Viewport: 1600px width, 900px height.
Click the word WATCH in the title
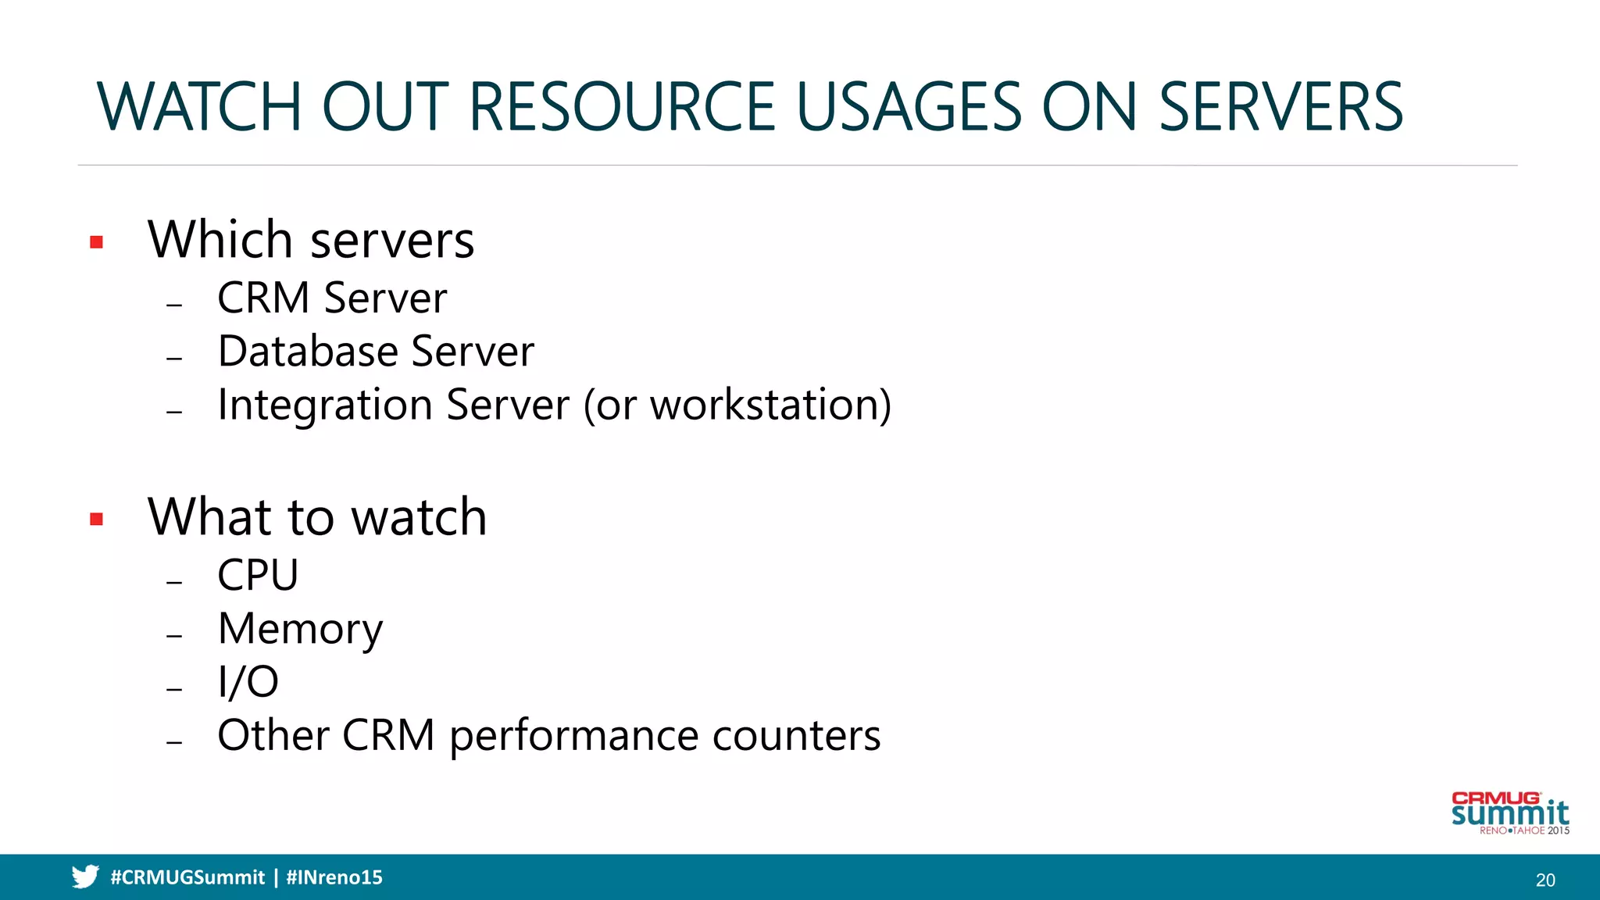click(x=198, y=107)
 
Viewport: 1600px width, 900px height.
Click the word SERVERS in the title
click(x=1280, y=107)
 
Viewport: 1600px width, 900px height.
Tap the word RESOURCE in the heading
click(x=622, y=107)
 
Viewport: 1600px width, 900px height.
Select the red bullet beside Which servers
click(x=97, y=242)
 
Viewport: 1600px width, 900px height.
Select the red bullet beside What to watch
click(x=97, y=519)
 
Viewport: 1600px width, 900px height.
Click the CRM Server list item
click(x=331, y=298)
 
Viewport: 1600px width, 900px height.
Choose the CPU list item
click(x=258, y=575)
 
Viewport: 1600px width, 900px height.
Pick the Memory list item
click(x=300, y=629)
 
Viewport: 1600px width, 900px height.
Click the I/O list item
click(x=248, y=682)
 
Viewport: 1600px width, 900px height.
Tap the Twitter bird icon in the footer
click(x=85, y=877)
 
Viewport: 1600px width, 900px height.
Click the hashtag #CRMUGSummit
click(x=187, y=877)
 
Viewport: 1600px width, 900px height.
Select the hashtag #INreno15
click(x=334, y=877)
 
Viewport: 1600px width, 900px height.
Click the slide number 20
click(x=1545, y=880)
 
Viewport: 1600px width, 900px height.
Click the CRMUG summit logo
click(x=1509, y=813)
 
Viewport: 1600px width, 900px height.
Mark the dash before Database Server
click(x=174, y=359)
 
